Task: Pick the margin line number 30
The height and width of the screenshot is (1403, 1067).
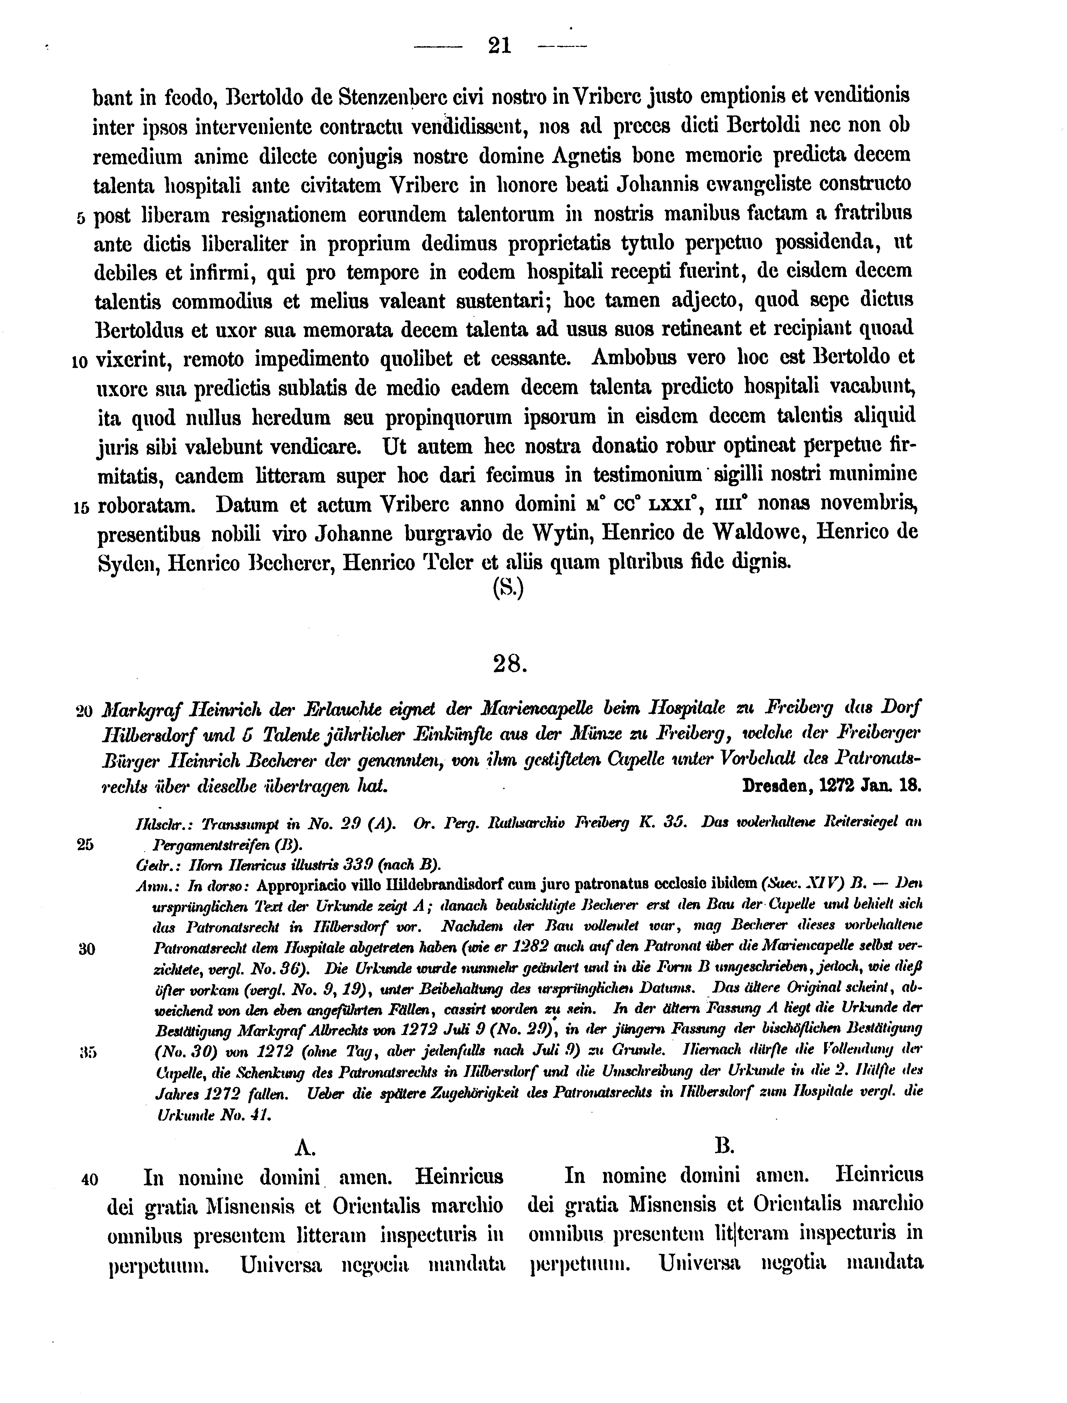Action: click(x=86, y=949)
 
